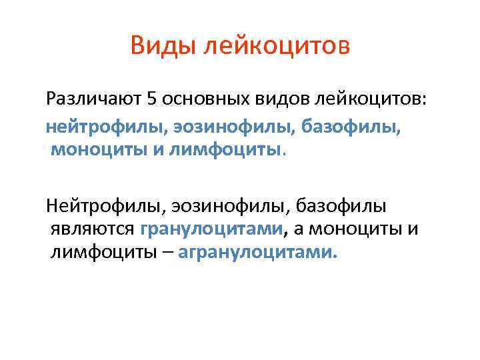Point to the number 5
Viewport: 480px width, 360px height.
pyautogui.click(x=151, y=100)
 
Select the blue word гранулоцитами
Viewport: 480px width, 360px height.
pyautogui.click(x=212, y=229)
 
